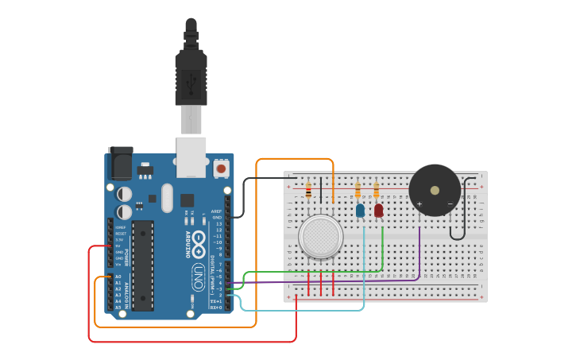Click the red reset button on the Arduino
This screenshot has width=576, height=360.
pos(220,168)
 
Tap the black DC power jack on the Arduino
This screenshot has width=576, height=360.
pos(120,165)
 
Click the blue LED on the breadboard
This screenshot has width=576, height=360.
pos(360,211)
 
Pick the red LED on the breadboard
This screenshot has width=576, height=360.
pos(378,211)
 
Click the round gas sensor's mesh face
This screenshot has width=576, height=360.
pos(320,236)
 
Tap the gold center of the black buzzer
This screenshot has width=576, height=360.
pos(434,190)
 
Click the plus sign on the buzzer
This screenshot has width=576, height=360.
pos(419,204)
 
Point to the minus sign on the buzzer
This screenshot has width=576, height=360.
pos(450,204)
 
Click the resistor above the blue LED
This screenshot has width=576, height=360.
pos(358,191)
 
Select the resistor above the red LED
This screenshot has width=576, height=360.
pos(376,191)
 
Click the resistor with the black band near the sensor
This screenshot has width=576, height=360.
pos(308,190)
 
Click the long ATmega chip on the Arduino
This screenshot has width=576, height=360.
pos(142,265)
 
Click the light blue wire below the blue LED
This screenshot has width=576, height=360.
pos(365,262)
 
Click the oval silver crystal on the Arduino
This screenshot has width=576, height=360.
pos(166,198)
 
